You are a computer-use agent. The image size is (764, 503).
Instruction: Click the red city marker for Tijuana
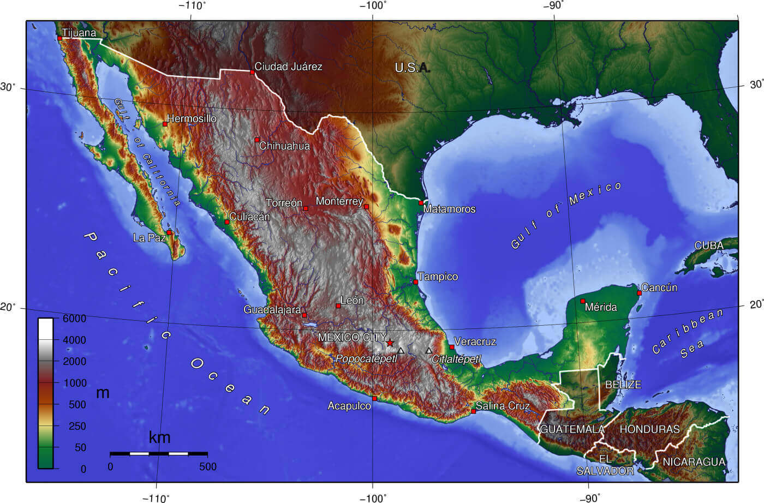coord(59,38)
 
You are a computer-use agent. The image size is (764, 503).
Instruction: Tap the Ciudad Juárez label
coord(288,67)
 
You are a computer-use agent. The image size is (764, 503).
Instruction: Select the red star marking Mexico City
coord(390,342)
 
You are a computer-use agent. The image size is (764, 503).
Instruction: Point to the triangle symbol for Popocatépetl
coord(401,350)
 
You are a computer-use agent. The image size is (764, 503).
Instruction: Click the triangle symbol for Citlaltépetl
coord(429,350)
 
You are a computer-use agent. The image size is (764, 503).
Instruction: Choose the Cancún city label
coord(659,287)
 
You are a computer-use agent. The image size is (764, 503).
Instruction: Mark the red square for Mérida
coord(582,301)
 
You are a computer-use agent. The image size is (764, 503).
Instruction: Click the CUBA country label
coord(708,245)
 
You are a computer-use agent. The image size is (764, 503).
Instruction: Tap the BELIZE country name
coord(623,385)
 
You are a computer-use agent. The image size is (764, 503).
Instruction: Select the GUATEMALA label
coord(572,429)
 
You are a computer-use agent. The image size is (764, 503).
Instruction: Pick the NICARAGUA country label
coord(694,462)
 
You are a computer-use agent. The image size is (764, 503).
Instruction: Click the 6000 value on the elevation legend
coord(74,318)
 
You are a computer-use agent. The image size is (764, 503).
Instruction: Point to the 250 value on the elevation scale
coord(77,426)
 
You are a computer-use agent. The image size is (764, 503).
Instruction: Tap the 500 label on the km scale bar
coord(207,467)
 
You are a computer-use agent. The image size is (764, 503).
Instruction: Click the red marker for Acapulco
coord(374,398)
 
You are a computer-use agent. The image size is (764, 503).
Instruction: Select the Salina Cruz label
coord(503,406)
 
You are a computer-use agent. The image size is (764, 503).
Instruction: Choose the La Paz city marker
coord(169,232)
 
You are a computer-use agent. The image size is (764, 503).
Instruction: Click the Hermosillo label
coord(192,118)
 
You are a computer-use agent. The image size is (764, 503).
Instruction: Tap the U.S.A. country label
coord(413,68)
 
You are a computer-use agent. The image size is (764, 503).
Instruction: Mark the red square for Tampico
coord(416,282)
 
